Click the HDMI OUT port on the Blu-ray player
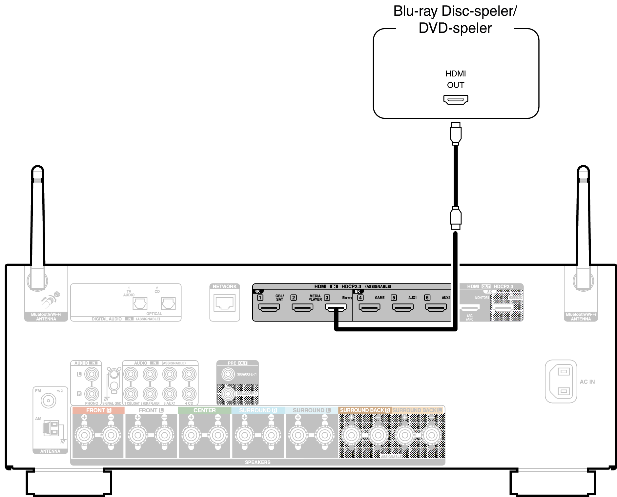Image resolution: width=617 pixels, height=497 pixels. point(456,99)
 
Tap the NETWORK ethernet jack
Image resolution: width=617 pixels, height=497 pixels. point(225,303)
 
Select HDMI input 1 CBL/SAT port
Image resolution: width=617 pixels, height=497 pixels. point(269,307)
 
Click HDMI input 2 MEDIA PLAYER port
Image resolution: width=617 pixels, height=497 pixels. point(302,307)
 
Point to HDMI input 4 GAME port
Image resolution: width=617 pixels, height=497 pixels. point(369,307)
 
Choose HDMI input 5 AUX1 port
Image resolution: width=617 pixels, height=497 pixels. point(403,307)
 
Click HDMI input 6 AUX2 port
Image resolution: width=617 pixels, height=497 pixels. point(436,307)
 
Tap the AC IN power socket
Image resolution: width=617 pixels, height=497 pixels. point(561,381)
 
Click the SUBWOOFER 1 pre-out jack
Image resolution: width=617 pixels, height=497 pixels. point(228,374)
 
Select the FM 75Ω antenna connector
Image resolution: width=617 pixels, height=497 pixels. point(49,401)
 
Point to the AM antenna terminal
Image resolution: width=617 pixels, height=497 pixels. point(51,428)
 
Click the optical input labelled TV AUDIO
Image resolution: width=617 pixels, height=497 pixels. point(140,303)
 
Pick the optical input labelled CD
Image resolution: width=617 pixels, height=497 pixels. point(168,303)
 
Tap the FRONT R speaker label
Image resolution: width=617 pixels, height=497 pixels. point(98,410)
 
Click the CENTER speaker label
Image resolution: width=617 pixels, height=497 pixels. point(204,410)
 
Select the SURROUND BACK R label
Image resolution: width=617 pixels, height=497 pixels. point(364,410)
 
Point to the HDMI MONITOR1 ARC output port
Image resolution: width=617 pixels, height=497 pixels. point(470,308)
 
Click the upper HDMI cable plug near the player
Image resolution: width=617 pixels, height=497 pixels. point(456,134)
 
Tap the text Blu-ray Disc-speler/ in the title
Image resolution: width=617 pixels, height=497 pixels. point(455,11)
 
